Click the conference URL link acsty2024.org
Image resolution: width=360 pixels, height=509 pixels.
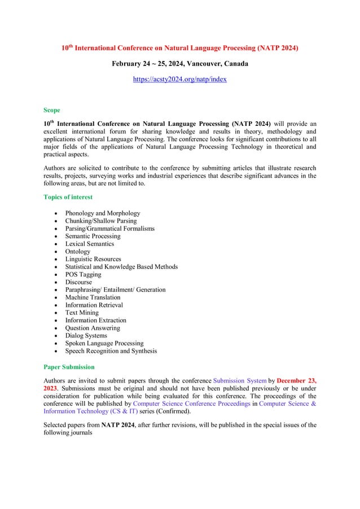(179, 80)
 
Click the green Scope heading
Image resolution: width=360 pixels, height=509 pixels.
(52, 110)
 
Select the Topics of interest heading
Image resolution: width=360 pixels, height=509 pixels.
(68, 197)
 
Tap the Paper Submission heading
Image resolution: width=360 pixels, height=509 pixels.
(69, 367)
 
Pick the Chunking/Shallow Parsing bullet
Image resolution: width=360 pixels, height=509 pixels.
(100, 221)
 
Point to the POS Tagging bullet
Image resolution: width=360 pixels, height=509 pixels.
(83, 275)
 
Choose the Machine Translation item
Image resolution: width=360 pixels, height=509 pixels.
(93, 297)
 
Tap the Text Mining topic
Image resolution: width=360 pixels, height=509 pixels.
(82, 313)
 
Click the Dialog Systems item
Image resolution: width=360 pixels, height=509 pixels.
(86, 336)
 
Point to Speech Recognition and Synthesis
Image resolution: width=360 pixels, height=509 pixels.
(111, 351)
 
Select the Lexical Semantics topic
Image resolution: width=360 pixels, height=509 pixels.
(89, 244)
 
